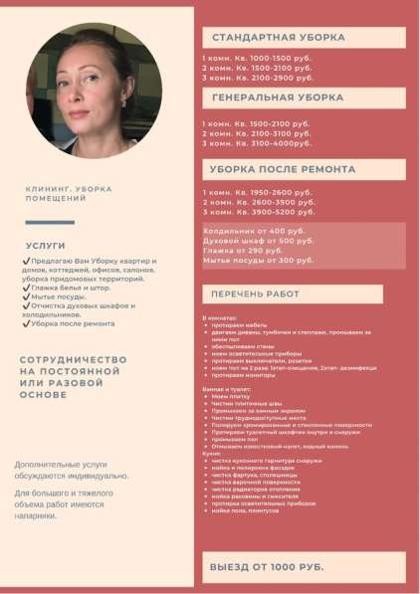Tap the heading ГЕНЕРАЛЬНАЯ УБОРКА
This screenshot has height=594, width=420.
click(277, 98)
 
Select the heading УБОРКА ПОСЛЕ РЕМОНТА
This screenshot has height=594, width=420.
click(275, 169)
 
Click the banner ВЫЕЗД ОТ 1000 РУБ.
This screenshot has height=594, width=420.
click(267, 566)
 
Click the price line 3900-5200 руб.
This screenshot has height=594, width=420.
click(258, 212)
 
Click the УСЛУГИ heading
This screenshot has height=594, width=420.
click(47, 244)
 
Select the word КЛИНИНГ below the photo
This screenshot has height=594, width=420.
click(49, 189)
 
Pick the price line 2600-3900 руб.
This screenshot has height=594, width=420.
click(258, 202)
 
